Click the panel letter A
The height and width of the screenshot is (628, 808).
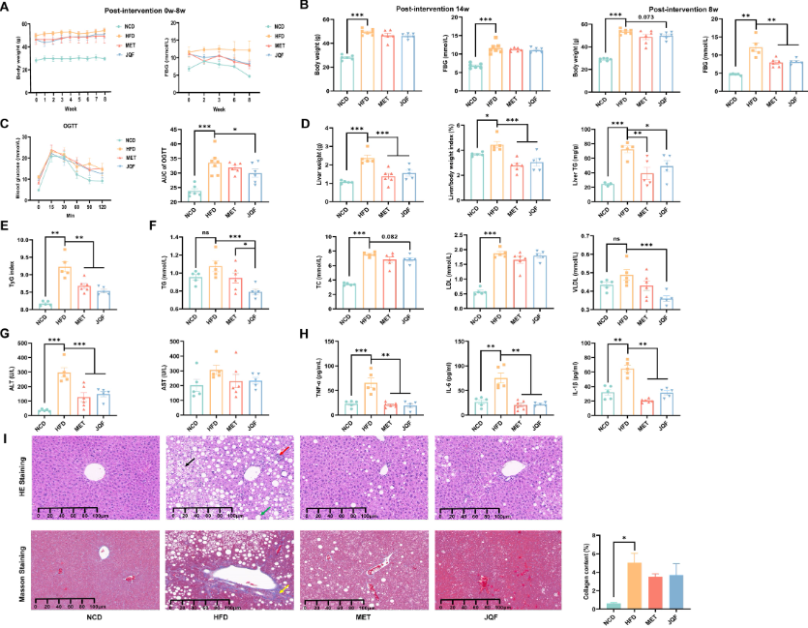pyautogui.click(x=7, y=8)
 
